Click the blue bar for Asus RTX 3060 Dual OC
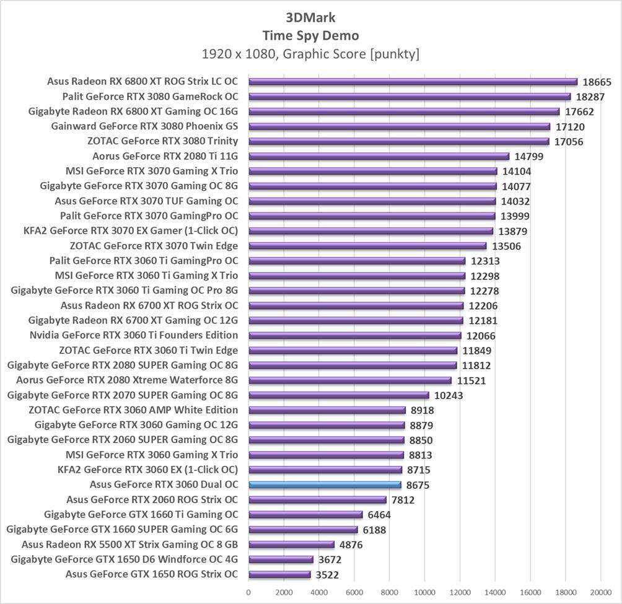point(325,484)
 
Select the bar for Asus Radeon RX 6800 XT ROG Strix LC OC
point(413,82)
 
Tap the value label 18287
point(590,97)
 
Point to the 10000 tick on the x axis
point(424,592)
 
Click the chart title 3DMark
point(310,17)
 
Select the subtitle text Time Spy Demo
point(310,35)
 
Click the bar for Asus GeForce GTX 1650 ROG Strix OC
point(279,574)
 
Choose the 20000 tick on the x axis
point(600,592)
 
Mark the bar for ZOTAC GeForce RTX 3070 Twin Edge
point(367,246)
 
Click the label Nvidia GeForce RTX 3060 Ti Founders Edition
point(134,335)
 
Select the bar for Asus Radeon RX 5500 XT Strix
point(291,545)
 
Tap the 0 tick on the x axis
point(248,592)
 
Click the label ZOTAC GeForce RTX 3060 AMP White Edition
point(133,409)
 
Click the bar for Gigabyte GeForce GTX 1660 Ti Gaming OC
point(305,514)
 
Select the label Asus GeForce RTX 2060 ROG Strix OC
point(152,499)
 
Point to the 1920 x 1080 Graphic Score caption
point(310,55)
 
